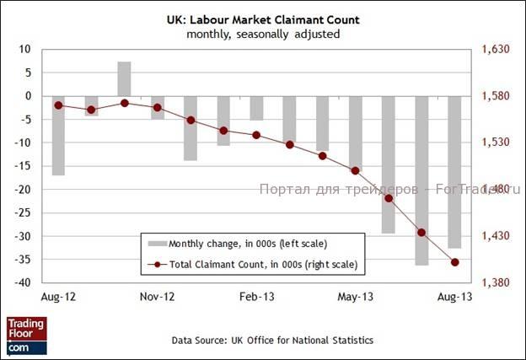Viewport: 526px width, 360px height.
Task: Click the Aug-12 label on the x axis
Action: [57, 298]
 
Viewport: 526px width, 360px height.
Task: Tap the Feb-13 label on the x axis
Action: [255, 298]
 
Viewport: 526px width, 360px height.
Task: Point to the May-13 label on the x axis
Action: [355, 298]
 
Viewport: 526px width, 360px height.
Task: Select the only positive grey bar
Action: [124, 79]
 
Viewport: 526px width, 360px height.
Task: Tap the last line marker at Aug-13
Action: [455, 262]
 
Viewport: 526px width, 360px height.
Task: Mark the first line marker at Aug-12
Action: [58, 105]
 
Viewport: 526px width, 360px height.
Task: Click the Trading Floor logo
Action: [27, 335]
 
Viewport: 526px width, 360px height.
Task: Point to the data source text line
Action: [260, 340]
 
